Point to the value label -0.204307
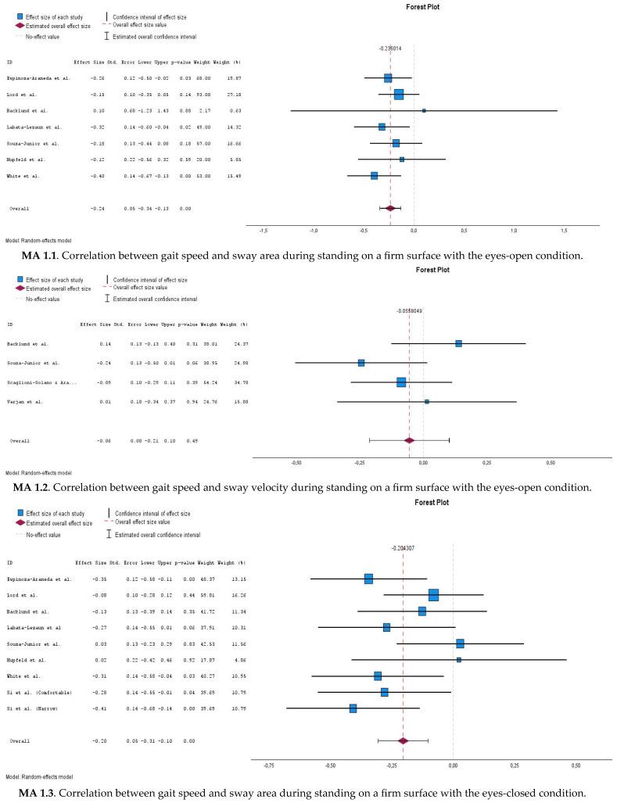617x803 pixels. pos(402,548)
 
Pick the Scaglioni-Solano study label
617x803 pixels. pos(44,382)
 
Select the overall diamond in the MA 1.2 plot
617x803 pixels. pos(409,440)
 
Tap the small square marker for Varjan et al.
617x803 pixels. pos(426,401)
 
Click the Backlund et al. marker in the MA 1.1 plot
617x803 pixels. pos(424,110)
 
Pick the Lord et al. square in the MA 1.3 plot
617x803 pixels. pos(433,595)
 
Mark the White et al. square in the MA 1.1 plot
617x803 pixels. pos(374,176)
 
